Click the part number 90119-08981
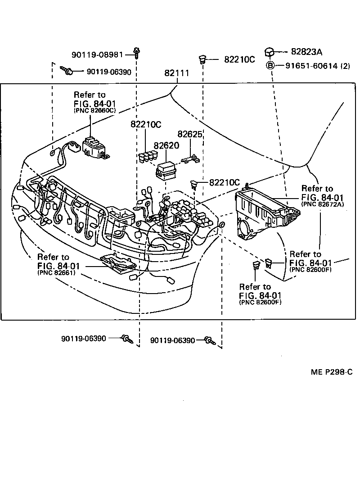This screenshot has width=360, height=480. pyautogui.click(x=97, y=55)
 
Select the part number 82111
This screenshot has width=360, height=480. pyautogui.click(x=176, y=73)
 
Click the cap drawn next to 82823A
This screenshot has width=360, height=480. pyautogui.click(x=269, y=52)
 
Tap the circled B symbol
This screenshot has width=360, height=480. pyautogui.click(x=270, y=65)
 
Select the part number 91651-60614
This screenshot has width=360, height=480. pyautogui.click(x=311, y=66)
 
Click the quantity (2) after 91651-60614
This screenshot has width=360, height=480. pyautogui.click(x=345, y=66)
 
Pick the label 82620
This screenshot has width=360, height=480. pyautogui.click(x=166, y=146)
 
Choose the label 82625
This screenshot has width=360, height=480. pyautogui.click(x=190, y=134)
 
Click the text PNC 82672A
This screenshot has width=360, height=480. pyautogui.click(x=317, y=204)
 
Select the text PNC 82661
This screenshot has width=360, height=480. pyautogui.click(x=56, y=272)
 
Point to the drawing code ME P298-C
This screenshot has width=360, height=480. pyautogui.click(x=331, y=372)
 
